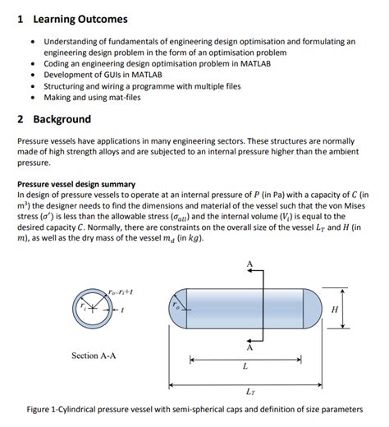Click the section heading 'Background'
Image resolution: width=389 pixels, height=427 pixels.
(x=62, y=119)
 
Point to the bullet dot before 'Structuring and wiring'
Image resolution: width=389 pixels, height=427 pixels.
(x=32, y=85)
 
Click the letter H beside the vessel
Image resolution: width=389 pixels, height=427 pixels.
(x=334, y=310)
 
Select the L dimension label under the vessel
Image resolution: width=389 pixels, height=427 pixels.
(x=245, y=367)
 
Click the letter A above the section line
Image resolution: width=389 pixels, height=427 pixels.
(x=249, y=264)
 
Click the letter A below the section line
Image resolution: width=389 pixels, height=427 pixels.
(x=249, y=347)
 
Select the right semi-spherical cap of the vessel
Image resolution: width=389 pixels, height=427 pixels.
(x=304, y=310)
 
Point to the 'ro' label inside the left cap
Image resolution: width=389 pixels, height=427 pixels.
(x=175, y=303)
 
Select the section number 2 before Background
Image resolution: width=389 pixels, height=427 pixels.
(x=21, y=119)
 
